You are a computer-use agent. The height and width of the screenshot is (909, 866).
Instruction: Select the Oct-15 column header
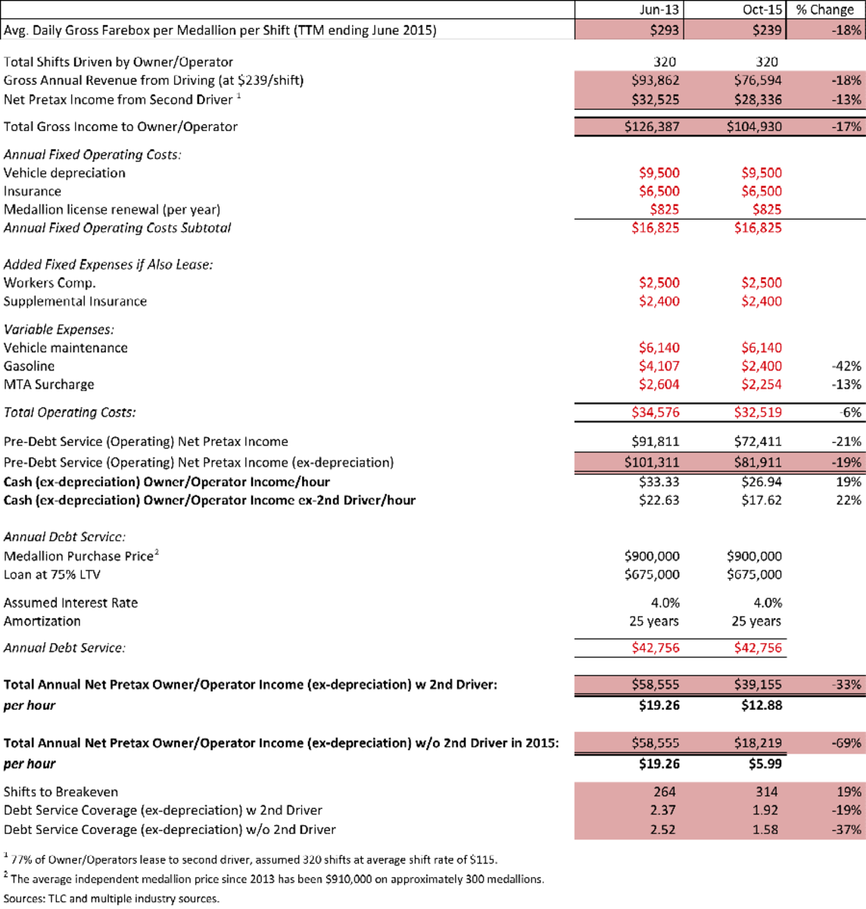click(x=762, y=10)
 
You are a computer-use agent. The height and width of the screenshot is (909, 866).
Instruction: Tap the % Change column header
click(x=825, y=10)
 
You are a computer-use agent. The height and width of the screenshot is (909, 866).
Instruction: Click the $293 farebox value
click(x=665, y=30)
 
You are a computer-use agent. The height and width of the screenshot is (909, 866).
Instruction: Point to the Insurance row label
click(x=33, y=192)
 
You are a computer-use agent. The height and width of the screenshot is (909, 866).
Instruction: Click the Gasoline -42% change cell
click(x=846, y=366)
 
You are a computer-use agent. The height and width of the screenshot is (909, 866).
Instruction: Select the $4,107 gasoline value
click(x=659, y=366)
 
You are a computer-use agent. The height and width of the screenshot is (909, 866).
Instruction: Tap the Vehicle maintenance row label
click(x=66, y=348)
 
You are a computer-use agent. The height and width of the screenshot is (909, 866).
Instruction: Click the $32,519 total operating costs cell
click(x=758, y=413)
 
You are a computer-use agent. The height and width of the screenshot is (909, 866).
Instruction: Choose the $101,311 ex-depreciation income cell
click(x=652, y=462)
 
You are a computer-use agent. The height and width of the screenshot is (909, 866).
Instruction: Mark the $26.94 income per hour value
click(x=761, y=482)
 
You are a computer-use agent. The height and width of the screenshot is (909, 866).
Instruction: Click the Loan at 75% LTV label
click(x=52, y=574)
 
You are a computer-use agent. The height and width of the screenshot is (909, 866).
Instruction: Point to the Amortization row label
click(x=42, y=621)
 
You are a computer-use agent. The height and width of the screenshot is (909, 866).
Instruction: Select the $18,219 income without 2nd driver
click(x=758, y=743)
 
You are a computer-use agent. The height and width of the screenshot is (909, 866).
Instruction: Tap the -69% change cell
click(x=846, y=743)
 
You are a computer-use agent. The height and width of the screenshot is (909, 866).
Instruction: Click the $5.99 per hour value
click(x=763, y=764)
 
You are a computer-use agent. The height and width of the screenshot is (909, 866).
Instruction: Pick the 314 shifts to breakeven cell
click(x=766, y=792)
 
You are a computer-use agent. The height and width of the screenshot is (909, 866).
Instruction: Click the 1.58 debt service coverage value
click(x=765, y=829)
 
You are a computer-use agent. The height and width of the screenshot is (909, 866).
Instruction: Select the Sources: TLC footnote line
click(x=111, y=898)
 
